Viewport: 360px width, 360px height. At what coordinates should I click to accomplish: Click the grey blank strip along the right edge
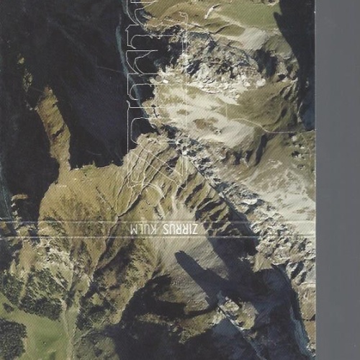[x=337, y=180]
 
